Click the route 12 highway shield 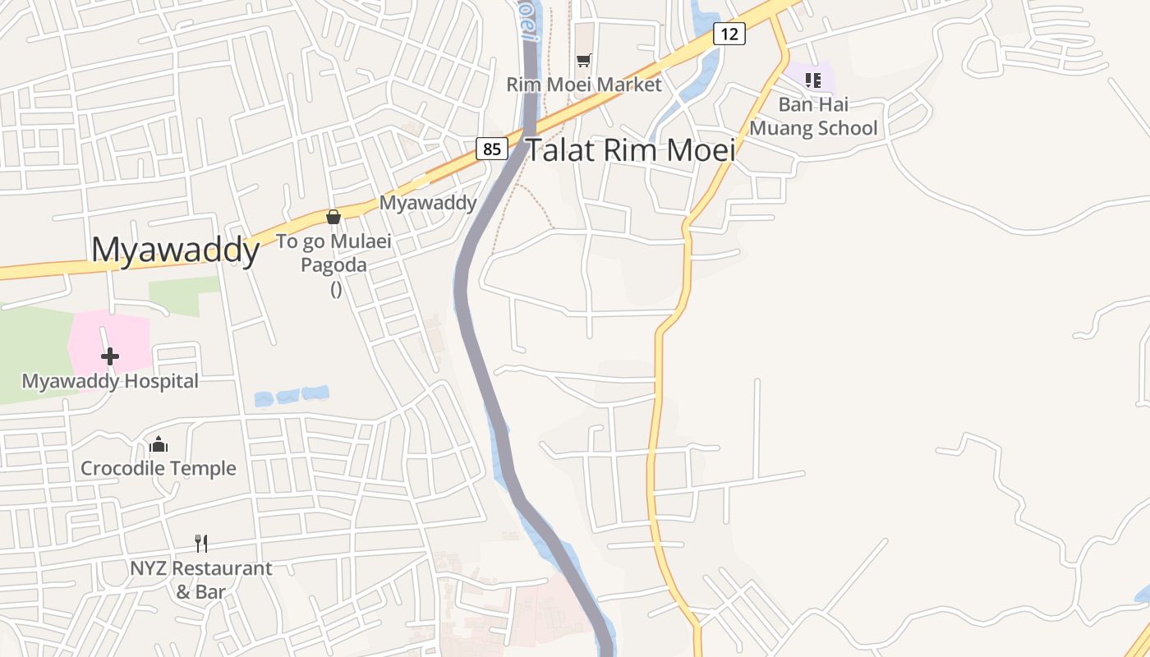(729, 34)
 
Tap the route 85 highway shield (491, 149)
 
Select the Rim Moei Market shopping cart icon (583, 60)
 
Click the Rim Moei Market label (583, 85)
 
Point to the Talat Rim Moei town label (630, 150)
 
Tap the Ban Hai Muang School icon (813, 80)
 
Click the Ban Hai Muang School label (813, 117)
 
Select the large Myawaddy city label (175, 249)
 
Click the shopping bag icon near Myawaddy (333, 217)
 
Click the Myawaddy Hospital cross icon (109, 356)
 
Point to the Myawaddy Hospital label (110, 381)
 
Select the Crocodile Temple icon (159, 445)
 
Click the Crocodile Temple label (159, 468)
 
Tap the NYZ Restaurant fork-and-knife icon (201, 543)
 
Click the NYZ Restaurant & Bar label (201, 579)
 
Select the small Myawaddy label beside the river (427, 203)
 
